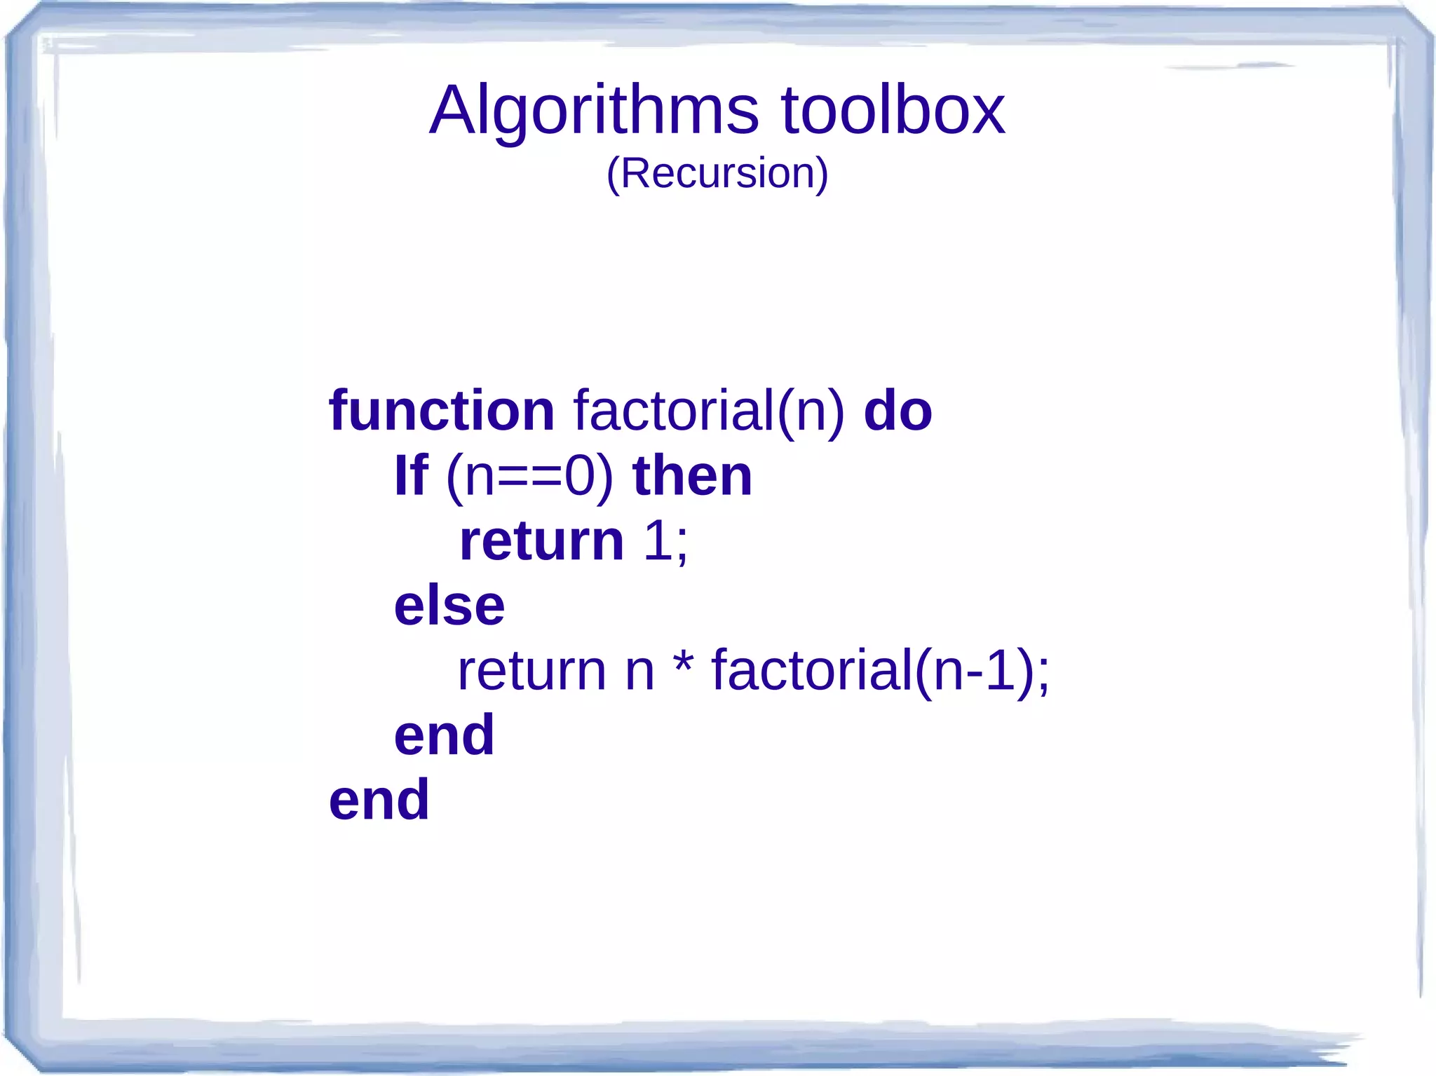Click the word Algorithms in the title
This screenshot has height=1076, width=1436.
[594, 111]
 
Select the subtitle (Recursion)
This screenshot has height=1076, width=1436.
[717, 173]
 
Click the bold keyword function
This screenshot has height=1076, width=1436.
[442, 410]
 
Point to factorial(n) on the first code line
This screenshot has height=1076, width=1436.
[709, 411]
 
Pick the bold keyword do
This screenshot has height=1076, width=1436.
[897, 410]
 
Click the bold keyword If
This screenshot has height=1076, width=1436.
[411, 475]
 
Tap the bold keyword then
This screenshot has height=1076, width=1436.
[692, 475]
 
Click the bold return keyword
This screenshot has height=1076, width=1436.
[541, 541]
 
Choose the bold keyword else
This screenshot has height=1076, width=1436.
[449, 606]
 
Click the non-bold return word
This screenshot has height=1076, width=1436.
[531, 671]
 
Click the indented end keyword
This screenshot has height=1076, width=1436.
[444, 735]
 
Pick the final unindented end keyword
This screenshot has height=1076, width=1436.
[379, 800]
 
